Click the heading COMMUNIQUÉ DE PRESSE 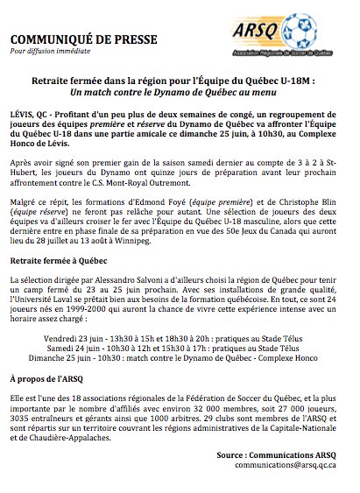72,39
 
